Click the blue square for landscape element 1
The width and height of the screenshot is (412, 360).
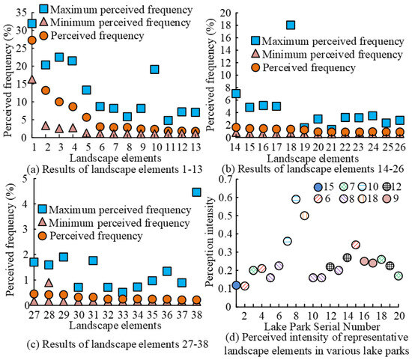[x=31, y=23]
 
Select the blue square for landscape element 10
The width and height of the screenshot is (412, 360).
[x=154, y=70]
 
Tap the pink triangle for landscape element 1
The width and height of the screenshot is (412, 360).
[x=31, y=79]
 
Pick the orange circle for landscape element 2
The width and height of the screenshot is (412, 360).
[x=46, y=91]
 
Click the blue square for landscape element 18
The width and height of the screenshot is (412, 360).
[x=291, y=25]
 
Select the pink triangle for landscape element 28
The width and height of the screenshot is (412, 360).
[x=49, y=283]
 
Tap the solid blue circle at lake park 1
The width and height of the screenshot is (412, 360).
[x=237, y=285]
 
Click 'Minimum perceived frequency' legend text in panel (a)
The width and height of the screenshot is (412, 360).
[x=124, y=22]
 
